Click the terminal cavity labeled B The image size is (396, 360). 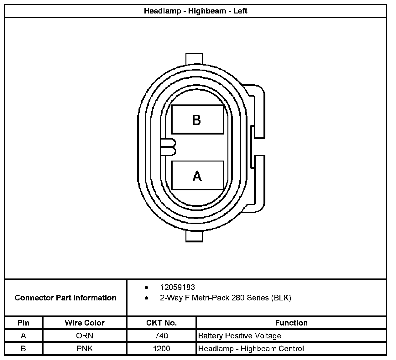[x=197, y=119]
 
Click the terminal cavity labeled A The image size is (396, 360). [x=197, y=176]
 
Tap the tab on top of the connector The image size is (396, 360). [x=194, y=59]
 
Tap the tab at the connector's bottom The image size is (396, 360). [x=194, y=236]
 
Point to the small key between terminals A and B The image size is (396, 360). [x=169, y=147]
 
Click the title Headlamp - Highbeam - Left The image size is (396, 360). [x=195, y=11]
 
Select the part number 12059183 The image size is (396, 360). [x=177, y=287]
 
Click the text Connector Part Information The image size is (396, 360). [x=65, y=298]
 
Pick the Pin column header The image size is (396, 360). [x=23, y=323]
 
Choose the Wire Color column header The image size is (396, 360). [x=85, y=323]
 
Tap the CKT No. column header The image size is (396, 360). [x=161, y=323]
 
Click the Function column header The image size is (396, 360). [x=291, y=323]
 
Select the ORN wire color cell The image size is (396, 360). [x=85, y=336]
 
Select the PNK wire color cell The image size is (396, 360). [x=85, y=348]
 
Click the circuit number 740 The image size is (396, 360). [x=161, y=336]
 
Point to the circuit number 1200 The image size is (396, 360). [x=161, y=348]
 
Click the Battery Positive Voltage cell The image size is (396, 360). [x=240, y=336]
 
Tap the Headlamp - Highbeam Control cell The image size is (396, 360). [x=251, y=348]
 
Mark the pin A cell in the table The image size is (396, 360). [x=23, y=336]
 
